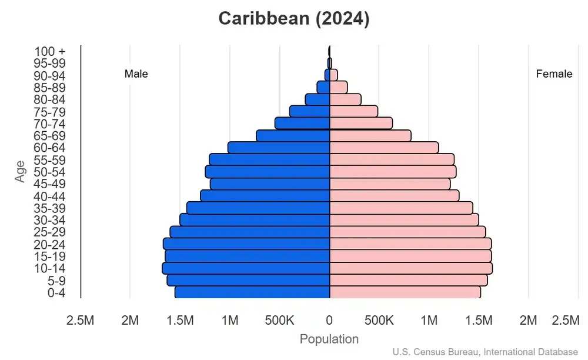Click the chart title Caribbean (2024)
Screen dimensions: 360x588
(294, 18)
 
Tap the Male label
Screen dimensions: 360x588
(136, 74)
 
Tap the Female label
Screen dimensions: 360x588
(554, 74)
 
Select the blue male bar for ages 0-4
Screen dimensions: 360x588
(252, 292)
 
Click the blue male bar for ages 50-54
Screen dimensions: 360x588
(268, 172)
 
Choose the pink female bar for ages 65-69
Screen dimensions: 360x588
(370, 136)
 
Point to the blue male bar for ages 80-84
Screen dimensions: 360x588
(318, 99)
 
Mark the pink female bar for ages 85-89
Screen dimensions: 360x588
(338, 87)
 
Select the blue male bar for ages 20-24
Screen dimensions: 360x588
(246, 244)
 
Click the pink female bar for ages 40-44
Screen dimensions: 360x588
(394, 196)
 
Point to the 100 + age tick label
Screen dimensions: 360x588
(50, 51)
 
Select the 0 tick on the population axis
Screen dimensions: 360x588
(329, 321)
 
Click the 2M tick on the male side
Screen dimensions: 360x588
(130, 321)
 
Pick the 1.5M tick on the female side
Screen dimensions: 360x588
(479, 321)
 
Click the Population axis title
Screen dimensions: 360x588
(329, 339)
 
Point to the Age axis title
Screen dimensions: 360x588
(21, 172)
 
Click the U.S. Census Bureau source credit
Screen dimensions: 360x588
(485, 352)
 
